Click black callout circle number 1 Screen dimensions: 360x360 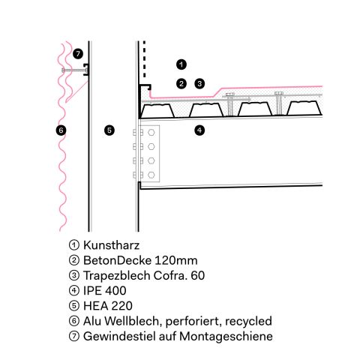pos(181,64)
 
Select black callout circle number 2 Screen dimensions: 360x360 pos(181,84)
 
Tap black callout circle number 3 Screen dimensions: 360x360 pos(199,84)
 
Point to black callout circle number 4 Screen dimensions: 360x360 pos(199,130)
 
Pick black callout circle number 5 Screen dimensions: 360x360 pos(109,130)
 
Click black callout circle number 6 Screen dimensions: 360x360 pos(61,130)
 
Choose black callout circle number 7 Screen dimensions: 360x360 pos(78,54)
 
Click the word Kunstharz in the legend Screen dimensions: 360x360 pos(111,245)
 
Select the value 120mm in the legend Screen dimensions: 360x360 pos(176,260)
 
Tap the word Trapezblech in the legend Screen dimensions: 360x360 pos(116,275)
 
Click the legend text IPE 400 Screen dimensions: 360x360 pos(105,291)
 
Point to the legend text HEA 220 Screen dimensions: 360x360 pos(108,306)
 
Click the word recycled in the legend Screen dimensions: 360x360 pos(248,321)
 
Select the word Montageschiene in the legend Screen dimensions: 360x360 pos(226,337)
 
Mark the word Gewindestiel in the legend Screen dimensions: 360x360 pos(119,336)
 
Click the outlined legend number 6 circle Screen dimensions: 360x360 pos(74,321)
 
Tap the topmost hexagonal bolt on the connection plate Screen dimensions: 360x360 pos(151,133)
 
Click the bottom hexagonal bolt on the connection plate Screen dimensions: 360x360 pos(151,175)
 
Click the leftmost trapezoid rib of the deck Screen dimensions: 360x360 pos(157,111)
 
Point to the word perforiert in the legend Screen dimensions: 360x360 pos(193,322)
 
